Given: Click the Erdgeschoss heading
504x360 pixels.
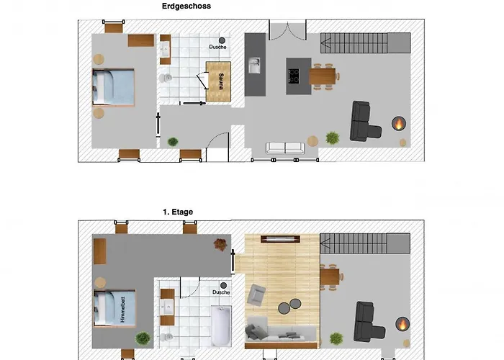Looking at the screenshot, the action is (186, 6).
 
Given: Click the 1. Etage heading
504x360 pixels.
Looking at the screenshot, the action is (178, 212).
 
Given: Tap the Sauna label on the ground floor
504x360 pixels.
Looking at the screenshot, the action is (221, 81).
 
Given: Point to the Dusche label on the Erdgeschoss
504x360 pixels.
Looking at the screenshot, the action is (217, 47).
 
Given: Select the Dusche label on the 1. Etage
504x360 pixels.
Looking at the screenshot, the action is (221, 292).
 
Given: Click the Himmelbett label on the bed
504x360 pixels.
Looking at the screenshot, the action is (122, 310).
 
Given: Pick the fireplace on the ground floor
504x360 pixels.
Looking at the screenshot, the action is (399, 123).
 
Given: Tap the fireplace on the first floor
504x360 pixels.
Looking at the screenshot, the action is (402, 324).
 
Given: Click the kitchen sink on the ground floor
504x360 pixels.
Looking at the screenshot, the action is (255, 66).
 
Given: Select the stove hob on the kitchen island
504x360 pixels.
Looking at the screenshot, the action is (294, 76).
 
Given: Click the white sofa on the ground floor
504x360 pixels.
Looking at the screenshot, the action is (285, 148).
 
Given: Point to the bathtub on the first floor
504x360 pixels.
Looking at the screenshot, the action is (221, 325).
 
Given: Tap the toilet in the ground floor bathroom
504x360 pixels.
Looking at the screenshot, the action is (166, 78).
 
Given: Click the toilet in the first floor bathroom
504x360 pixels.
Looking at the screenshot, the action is (166, 337).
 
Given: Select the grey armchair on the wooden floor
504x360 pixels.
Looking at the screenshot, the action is (256, 294).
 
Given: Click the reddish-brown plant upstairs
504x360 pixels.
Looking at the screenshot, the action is (220, 244).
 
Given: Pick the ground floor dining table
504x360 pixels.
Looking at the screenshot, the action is (322, 76).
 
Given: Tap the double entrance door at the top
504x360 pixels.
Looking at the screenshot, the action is (287, 30).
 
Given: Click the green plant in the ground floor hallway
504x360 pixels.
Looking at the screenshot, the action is (173, 141).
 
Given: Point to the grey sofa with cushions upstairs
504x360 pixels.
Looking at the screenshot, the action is (281, 333).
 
